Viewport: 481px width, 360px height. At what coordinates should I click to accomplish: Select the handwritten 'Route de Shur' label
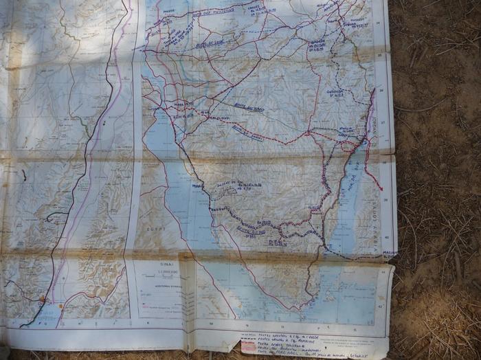coord(210,45)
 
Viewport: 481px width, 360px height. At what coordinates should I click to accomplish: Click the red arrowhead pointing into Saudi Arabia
coord(380,187)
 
